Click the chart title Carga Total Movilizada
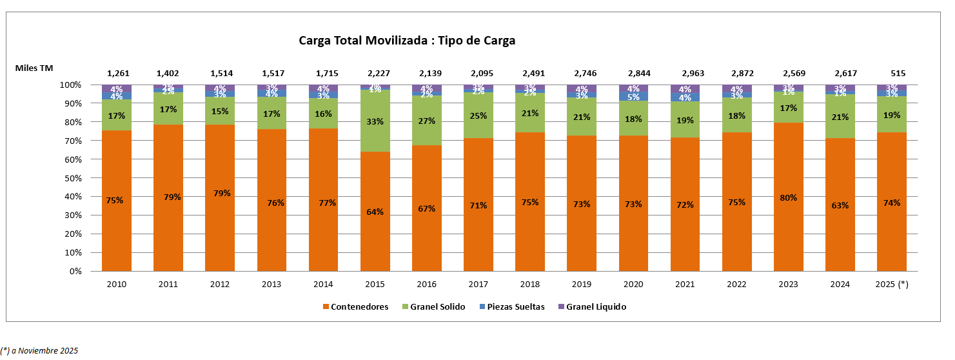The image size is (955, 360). point(407,41)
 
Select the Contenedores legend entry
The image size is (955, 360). point(359,307)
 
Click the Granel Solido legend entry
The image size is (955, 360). point(437,307)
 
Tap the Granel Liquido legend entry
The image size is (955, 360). point(596,307)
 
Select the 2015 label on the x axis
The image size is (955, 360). point(375,284)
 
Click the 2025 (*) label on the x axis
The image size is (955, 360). point(892,284)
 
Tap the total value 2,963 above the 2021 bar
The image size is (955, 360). point(685,73)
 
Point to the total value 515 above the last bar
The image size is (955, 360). point(892,73)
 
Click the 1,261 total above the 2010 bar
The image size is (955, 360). point(116,73)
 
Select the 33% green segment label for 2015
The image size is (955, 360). point(375,121)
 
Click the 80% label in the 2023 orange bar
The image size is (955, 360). point(789,197)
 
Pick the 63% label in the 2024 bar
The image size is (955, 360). point(840,206)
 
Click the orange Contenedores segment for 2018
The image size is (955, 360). point(530,226)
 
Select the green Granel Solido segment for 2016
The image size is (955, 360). point(427,121)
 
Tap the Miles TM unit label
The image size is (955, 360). point(34,67)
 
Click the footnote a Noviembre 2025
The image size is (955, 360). point(39,351)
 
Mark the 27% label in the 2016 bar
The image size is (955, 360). point(427,120)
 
